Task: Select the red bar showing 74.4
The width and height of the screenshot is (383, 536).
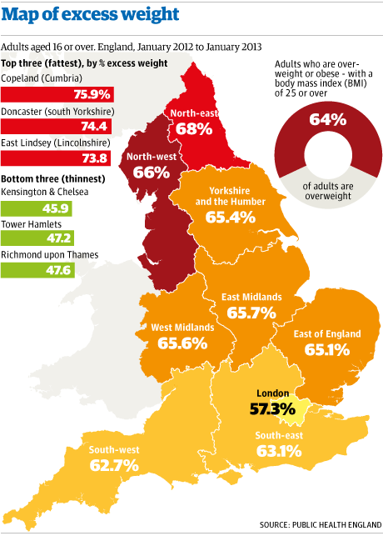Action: (57, 126)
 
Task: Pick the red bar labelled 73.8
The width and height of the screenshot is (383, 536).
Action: (57, 158)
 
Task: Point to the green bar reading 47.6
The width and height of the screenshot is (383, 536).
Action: (37, 270)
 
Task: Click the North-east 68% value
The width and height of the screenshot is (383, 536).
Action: (192, 129)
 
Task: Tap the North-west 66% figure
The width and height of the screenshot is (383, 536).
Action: (152, 173)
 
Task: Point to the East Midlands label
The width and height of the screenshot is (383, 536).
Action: (251, 297)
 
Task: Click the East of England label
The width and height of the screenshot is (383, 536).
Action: (327, 333)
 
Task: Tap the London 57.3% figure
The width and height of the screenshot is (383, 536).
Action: (272, 408)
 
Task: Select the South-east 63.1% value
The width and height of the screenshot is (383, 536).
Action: (279, 452)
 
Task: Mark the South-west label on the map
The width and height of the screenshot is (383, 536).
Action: (114, 449)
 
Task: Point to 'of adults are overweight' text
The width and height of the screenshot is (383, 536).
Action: (327, 191)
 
